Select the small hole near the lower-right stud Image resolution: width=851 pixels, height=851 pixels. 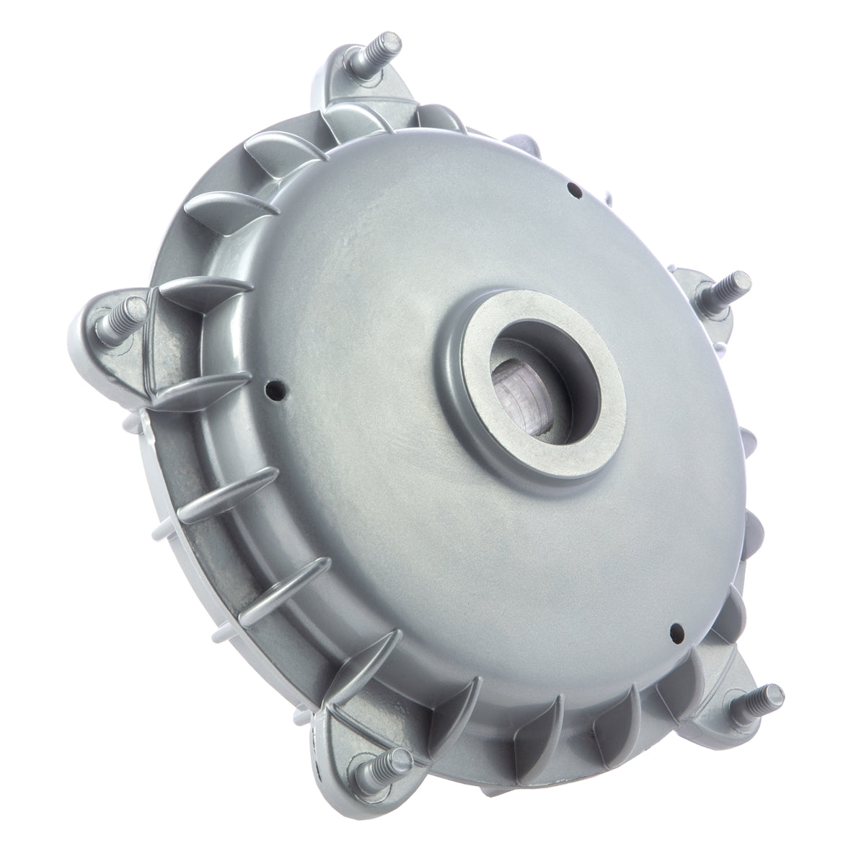(x=677, y=630)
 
